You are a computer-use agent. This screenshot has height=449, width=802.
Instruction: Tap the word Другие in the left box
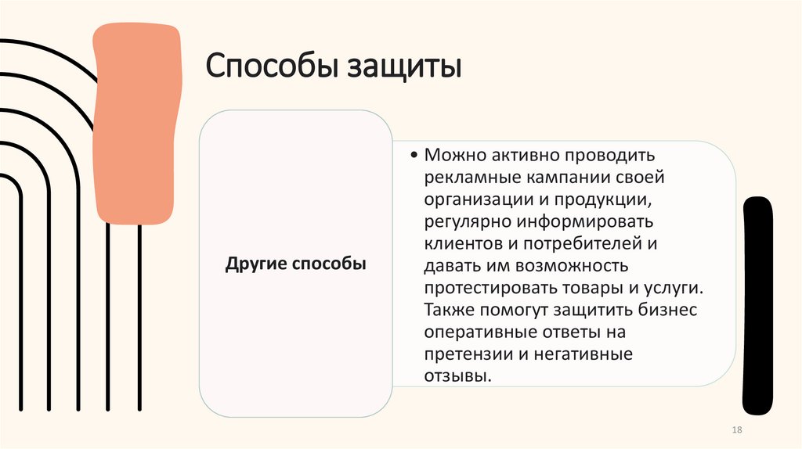point(257,264)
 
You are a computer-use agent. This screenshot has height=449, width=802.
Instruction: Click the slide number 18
point(735,432)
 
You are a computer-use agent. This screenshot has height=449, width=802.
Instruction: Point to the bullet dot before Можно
point(414,156)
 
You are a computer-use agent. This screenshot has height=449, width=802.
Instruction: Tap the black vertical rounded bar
point(757,305)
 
